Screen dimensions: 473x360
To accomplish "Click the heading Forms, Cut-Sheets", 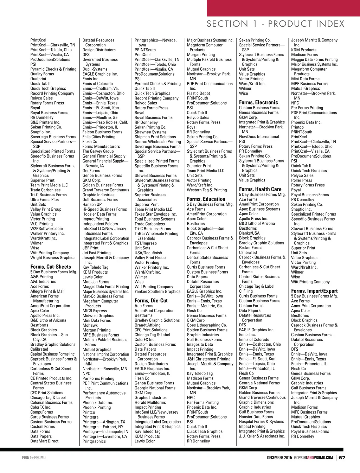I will pos(51,267).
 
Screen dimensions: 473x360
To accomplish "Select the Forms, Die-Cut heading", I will pos(151,301).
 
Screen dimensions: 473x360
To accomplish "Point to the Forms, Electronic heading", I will pos(258,102).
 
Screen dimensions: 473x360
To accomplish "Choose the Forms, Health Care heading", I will pos(260,189).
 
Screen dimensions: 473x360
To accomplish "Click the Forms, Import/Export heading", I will pos(314,291).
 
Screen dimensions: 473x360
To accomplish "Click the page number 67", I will pos(342,458).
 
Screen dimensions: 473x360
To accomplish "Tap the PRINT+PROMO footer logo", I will pos(34,458).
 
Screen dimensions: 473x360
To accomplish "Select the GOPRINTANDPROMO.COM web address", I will pos(314,458).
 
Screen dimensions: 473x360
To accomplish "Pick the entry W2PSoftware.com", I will pos(46,229).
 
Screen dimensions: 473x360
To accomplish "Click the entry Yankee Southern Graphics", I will pos(157,292).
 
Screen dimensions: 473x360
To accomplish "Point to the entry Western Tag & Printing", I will pos(207,190).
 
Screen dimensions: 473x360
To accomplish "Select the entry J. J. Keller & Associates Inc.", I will pos(262,436).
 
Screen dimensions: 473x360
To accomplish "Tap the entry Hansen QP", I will pos(92,204).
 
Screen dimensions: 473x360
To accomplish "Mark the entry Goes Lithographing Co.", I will pos(207,325).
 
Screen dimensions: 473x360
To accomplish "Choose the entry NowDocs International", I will pos(259,137).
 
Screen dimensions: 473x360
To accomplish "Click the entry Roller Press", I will pos(302,180).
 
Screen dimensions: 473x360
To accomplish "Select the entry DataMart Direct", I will pos(44,441).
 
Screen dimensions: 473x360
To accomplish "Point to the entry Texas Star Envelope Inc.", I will pos(156,214).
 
